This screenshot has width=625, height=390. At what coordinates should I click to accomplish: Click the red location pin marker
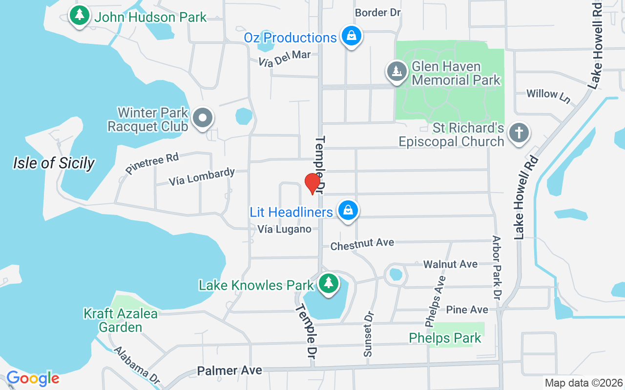point(312,183)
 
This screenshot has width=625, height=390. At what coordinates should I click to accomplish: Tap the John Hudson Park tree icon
point(80,16)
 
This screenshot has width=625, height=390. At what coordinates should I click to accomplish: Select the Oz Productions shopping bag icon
point(351,36)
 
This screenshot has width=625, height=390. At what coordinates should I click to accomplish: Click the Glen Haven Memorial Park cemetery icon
point(397,72)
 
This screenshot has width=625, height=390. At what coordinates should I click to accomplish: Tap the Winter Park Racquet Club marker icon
point(202,118)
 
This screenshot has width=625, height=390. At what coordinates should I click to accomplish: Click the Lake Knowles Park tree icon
point(329,283)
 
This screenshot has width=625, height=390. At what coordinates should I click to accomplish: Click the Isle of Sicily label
point(54,163)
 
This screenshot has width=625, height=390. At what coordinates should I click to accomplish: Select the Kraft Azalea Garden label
point(121,320)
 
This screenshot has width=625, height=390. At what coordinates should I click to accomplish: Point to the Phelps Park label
point(445,338)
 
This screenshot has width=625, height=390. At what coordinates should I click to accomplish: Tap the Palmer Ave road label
point(229,371)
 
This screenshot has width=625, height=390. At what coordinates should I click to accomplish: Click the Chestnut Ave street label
point(362,244)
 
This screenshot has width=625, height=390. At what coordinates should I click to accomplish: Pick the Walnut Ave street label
point(450,264)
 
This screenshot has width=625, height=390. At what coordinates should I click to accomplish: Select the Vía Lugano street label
point(285,229)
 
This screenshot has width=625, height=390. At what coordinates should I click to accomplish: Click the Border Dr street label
point(377,13)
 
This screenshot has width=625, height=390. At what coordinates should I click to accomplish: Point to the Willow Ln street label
point(548,95)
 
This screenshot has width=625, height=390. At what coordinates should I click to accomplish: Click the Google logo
point(33,378)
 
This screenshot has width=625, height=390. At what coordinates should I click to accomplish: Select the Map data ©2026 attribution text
point(583,383)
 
